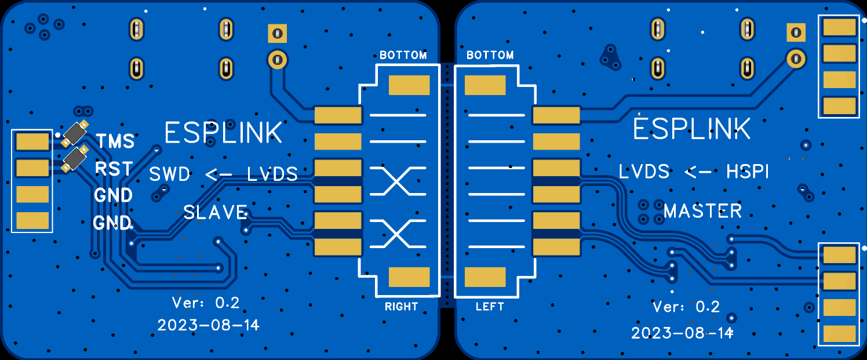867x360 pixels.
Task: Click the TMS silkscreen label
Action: (115, 141)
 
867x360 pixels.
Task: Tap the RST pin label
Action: (114, 169)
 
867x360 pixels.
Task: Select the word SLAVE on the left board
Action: (215, 212)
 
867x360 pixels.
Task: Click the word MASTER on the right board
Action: (702, 211)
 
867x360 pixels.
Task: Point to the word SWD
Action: (170, 174)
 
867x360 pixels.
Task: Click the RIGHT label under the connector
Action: (401, 307)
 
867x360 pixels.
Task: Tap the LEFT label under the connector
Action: (490, 307)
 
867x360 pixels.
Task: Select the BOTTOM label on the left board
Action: (403, 56)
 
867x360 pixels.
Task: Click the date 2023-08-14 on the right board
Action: (682, 333)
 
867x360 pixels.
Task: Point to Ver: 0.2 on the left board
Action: (206, 302)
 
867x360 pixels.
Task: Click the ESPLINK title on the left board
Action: (223, 133)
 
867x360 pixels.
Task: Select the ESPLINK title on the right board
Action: (691, 129)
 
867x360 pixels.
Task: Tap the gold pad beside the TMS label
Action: (32, 141)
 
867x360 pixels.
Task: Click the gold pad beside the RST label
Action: (32, 168)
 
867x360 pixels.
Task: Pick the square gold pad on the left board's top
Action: (277, 33)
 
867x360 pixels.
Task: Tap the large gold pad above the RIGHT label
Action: (409, 277)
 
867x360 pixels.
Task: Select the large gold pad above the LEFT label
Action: (485, 277)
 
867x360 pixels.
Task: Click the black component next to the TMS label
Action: (75, 134)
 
